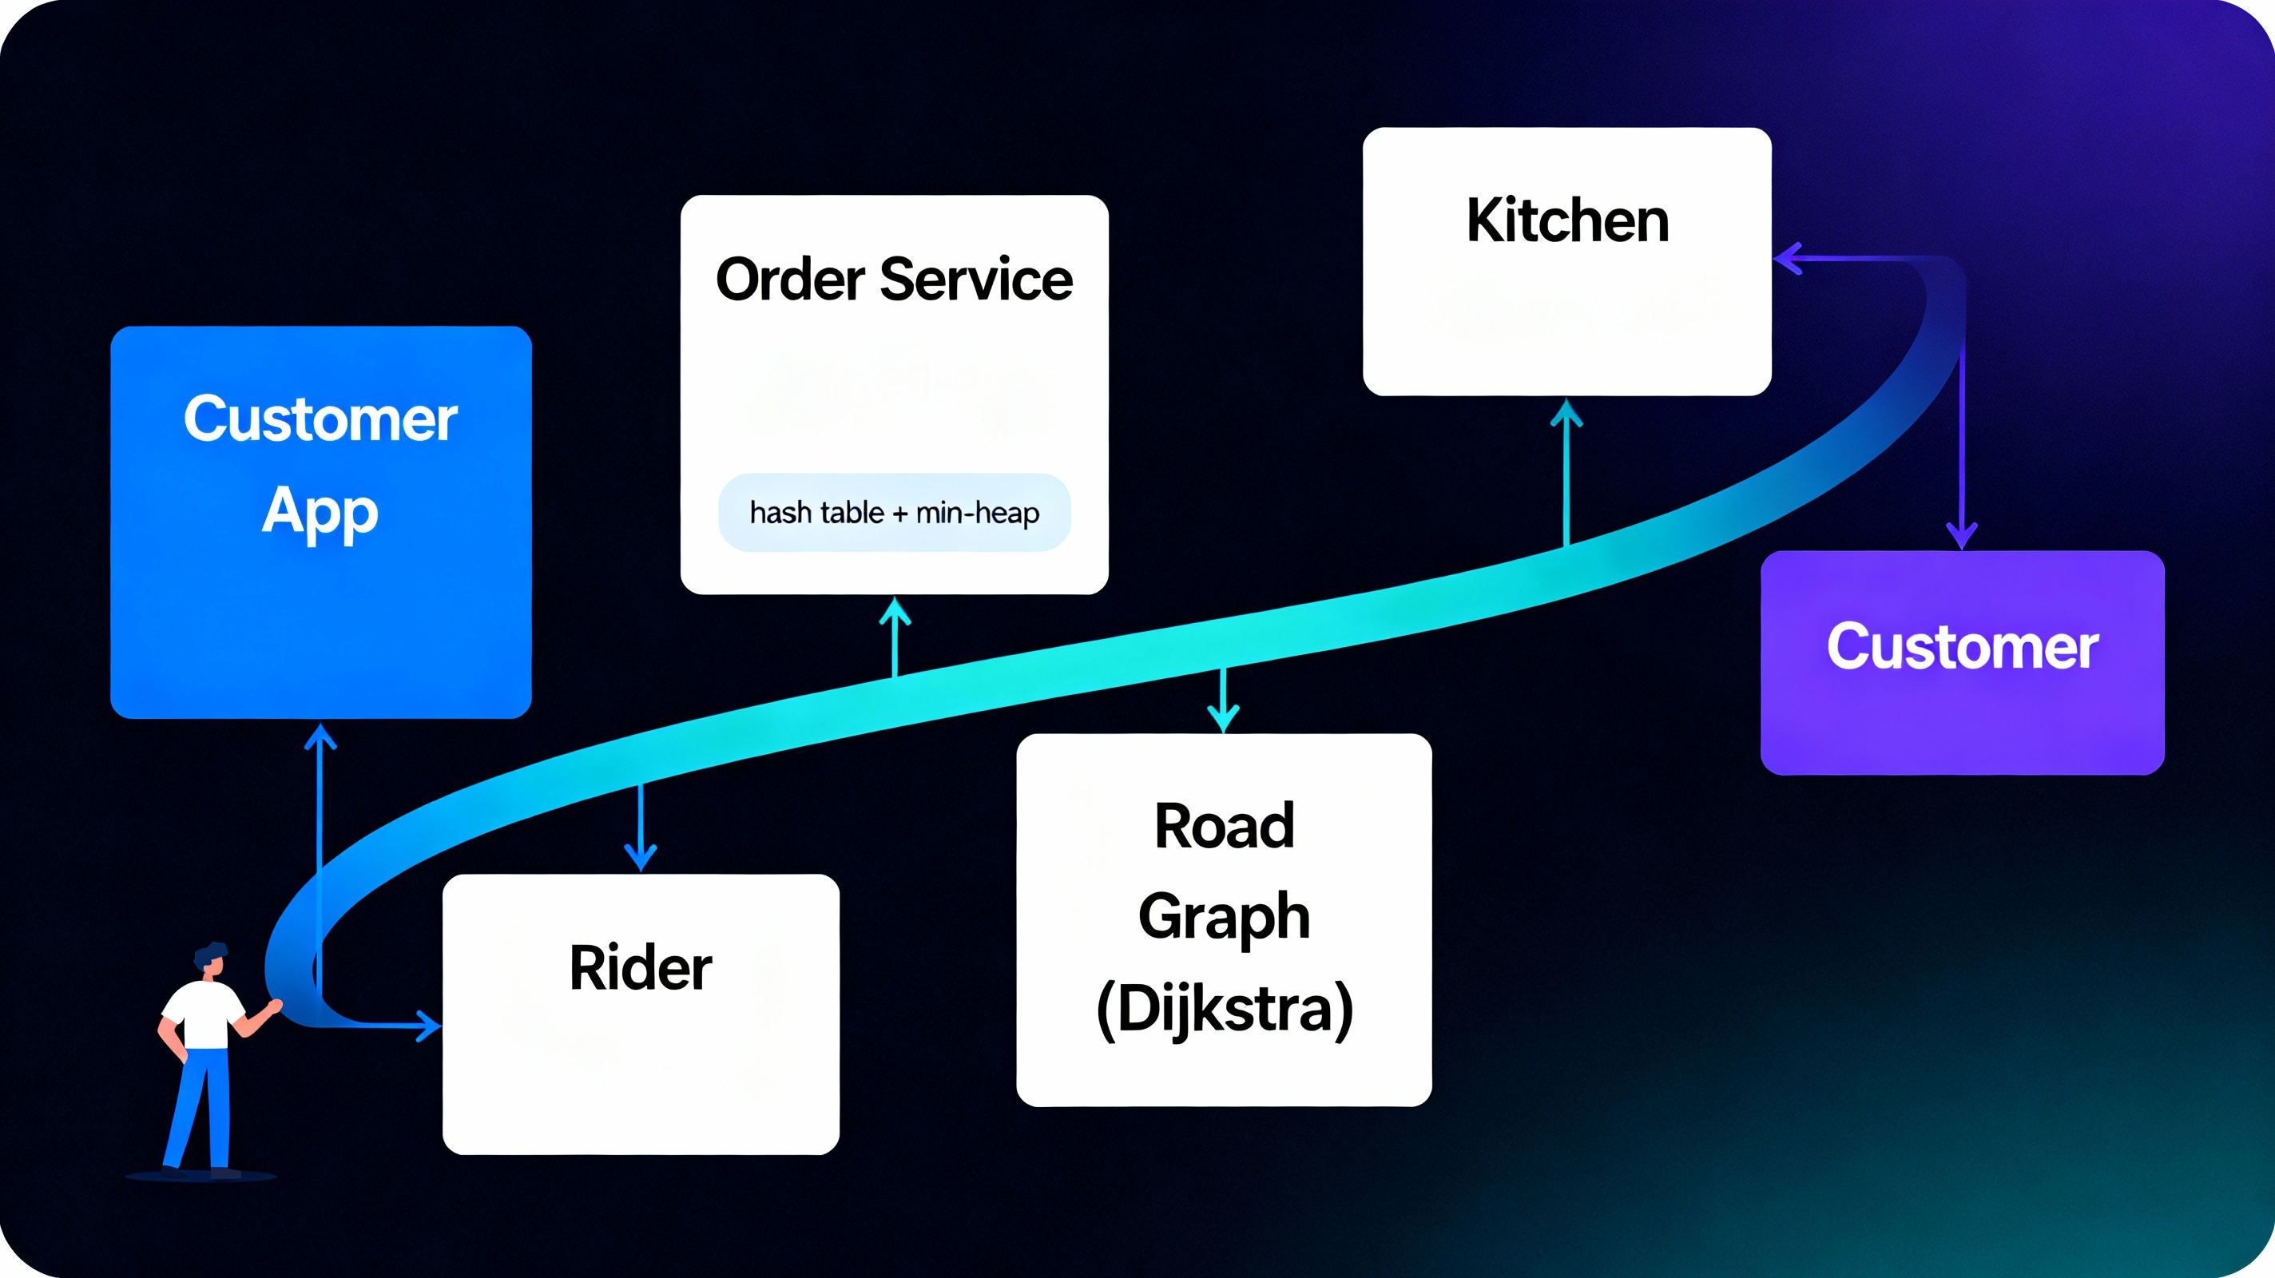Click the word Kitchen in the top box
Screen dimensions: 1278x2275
(x=1567, y=220)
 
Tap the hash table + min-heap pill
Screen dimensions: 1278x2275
(x=894, y=512)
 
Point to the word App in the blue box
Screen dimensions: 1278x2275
(x=320, y=512)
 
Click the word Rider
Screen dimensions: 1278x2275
(x=641, y=968)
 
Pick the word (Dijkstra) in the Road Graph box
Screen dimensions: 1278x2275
(x=1224, y=1008)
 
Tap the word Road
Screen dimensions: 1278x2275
(x=1224, y=827)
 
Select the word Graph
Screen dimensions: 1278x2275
(x=1224, y=917)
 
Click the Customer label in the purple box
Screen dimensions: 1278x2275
(x=1962, y=648)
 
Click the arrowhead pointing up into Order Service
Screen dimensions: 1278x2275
(x=895, y=609)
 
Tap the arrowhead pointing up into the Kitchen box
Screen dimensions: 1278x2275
(x=1566, y=411)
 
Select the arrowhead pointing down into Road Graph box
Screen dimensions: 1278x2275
(x=1223, y=719)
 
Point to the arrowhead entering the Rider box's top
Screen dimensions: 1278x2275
(x=641, y=859)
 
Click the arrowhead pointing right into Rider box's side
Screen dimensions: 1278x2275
(x=430, y=1026)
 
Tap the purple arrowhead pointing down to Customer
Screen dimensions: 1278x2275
(x=1962, y=537)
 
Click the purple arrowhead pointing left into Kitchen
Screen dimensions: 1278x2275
(x=1786, y=259)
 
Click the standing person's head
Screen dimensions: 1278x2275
(x=211, y=960)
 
